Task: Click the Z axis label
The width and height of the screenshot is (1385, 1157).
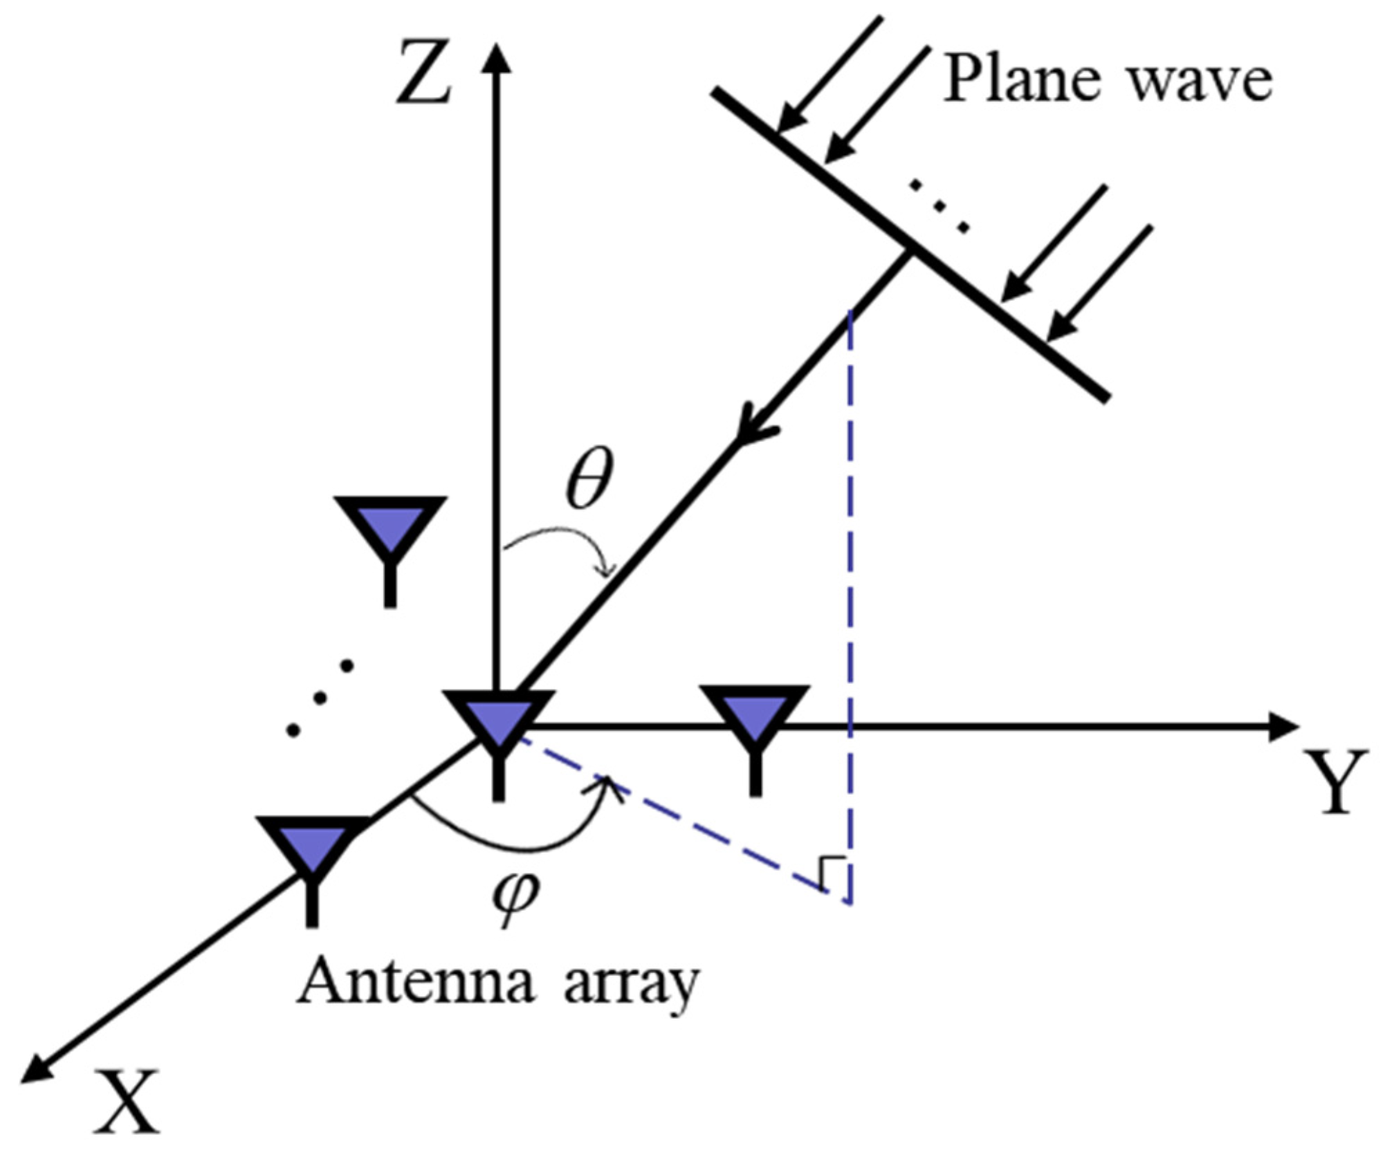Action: pos(423,73)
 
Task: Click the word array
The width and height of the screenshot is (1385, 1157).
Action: pos(630,985)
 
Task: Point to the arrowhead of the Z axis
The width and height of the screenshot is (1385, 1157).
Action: pos(495,55)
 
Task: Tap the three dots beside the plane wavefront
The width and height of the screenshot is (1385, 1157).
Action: pos(939,205)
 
